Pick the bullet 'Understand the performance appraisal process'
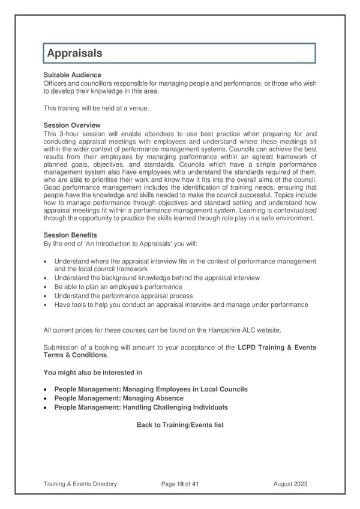point(123,296)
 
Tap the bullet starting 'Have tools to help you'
point(181,305)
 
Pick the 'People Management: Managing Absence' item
point(119,399)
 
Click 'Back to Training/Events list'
point(180,425)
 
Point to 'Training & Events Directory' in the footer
point(80,483)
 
